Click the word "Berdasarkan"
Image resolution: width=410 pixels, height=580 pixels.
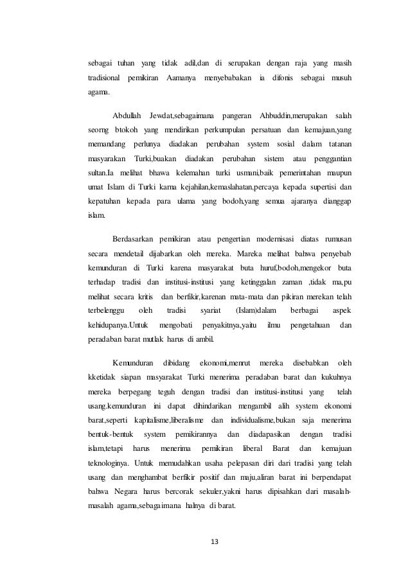point(134,238)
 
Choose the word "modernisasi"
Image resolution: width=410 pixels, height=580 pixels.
point(279,238)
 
